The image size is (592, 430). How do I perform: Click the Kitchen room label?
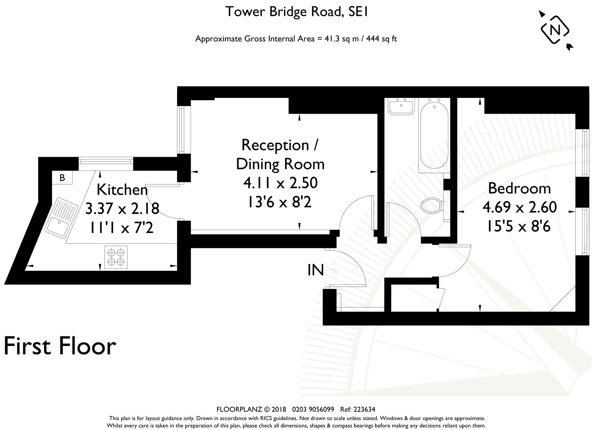122,190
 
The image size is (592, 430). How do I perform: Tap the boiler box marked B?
62,177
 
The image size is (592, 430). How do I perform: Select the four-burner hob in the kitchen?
116,257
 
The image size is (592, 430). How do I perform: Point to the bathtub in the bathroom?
434,135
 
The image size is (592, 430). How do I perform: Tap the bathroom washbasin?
401,106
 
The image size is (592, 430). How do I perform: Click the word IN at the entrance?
316,270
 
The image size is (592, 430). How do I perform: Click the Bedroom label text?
519,189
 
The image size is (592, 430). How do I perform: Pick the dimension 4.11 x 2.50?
280,183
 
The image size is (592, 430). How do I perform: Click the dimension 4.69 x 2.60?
520,207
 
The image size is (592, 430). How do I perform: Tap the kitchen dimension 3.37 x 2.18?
122,208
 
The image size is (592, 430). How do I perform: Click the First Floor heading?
60,346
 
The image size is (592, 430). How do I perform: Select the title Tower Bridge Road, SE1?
296,12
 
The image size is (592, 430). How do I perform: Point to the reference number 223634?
364,409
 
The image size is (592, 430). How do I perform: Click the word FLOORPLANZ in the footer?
239,409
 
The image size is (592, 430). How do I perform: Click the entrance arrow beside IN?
332,270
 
